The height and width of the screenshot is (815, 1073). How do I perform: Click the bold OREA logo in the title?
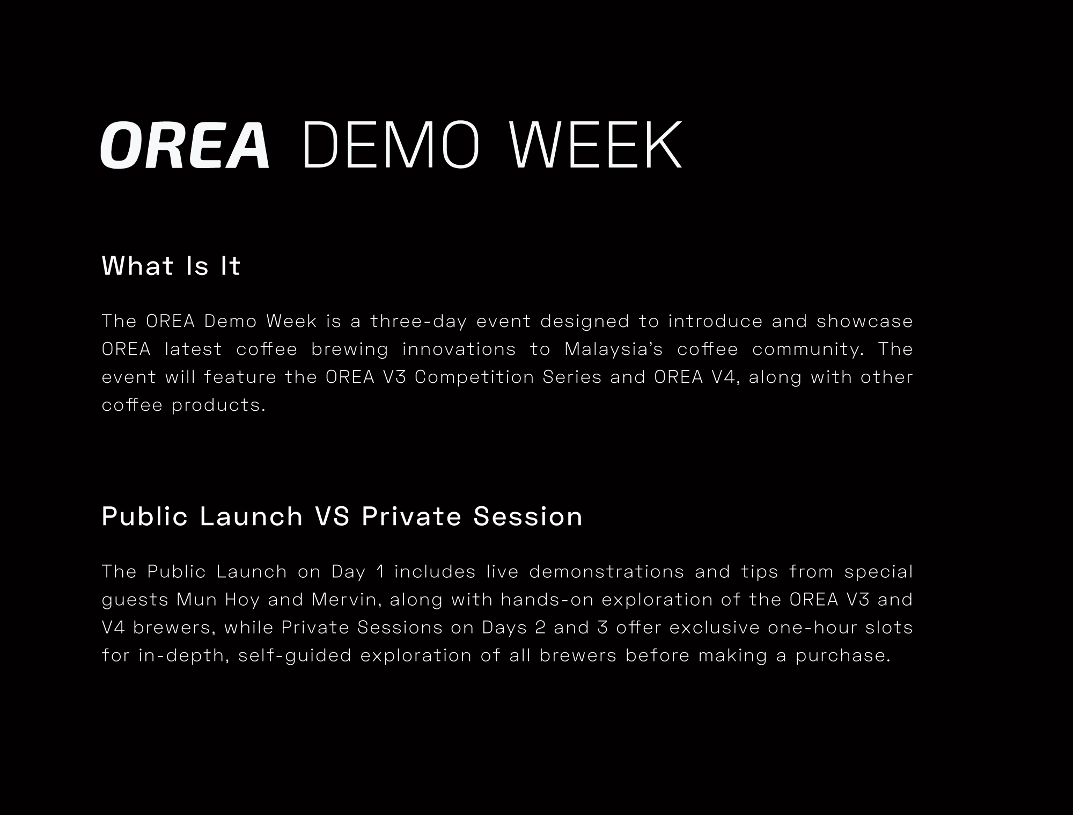point(185,145)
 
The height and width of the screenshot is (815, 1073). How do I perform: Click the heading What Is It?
point(171,266)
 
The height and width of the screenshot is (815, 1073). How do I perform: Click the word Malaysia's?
point(613,350)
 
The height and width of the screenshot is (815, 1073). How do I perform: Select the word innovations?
point(459,350)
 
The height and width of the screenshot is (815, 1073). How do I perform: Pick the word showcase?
point(865,322)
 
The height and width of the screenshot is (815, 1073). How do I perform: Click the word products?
point(219,405)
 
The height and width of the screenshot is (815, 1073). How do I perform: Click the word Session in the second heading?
point(528,516)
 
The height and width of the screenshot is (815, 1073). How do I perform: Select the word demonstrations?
point(607,572)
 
